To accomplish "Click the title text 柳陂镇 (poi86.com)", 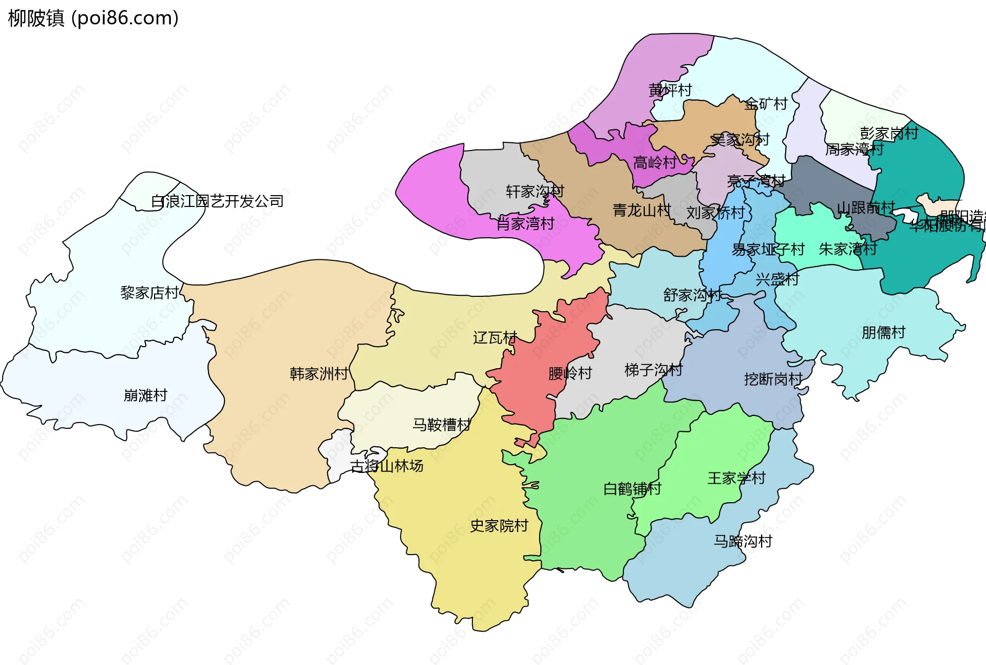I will coord(93,18).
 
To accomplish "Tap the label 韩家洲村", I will coord(319,373).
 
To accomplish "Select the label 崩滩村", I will coord(145,395).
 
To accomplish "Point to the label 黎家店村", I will coord(149,293).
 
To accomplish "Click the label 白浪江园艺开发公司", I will coord(217,201).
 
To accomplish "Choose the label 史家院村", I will coord(499,526).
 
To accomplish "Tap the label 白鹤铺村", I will coord(632,488).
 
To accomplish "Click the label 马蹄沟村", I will coord(743,541).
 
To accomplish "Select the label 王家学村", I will coord(736,478).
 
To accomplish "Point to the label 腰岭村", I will coord(570,373).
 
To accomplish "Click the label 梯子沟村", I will coord(653,370).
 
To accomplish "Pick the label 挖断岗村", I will coord(773,379).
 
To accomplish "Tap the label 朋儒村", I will coord(883,333).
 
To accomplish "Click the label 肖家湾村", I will coord(525,224).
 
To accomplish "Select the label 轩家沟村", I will coord(535,192).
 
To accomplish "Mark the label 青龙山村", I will coord(642,210).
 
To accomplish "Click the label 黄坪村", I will coord(670,90).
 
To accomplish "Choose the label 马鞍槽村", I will coord(442,425).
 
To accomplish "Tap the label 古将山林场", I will coord(387,466).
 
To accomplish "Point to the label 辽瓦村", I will coord(495,338).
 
